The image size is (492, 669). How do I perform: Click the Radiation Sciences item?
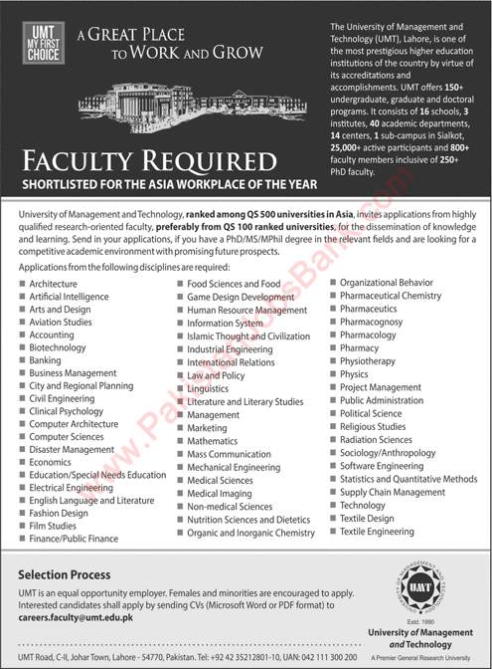point(376,439)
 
